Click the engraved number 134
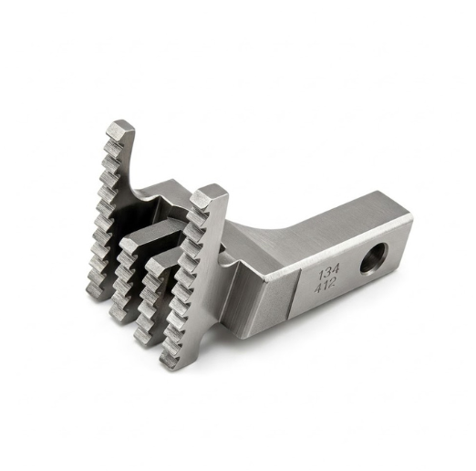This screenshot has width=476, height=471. [328, 273]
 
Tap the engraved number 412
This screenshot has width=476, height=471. [325, 286]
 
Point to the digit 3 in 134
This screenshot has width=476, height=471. [327, 273]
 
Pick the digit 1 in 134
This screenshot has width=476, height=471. [321, 275]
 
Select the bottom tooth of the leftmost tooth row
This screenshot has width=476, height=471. [94, 292]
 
